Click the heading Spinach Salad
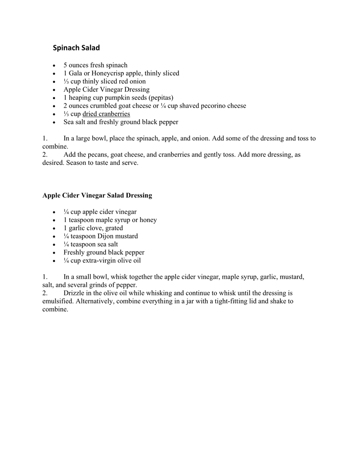76,47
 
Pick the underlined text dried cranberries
106,114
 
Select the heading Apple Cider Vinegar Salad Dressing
97,195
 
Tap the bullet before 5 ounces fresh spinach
54,66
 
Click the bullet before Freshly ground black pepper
54,253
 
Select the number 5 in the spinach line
65,65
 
